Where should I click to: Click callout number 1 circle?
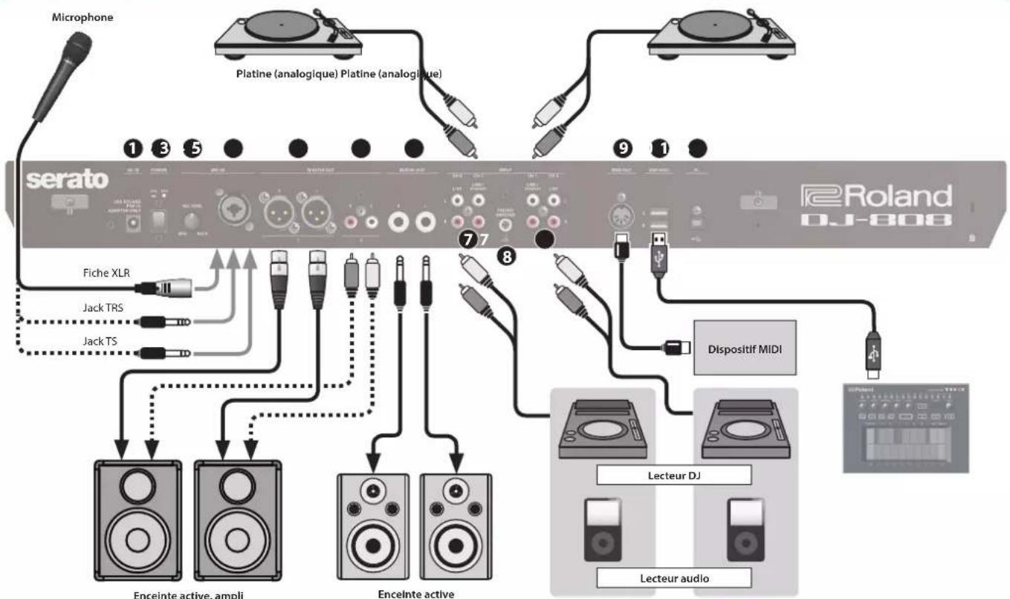tap(134, 149)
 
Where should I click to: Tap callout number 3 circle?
tap(161, 149)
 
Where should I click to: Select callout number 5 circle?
tap(193, 149)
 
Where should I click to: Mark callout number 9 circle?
tap(623, 149)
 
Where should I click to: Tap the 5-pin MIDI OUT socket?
tap(622, 216)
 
